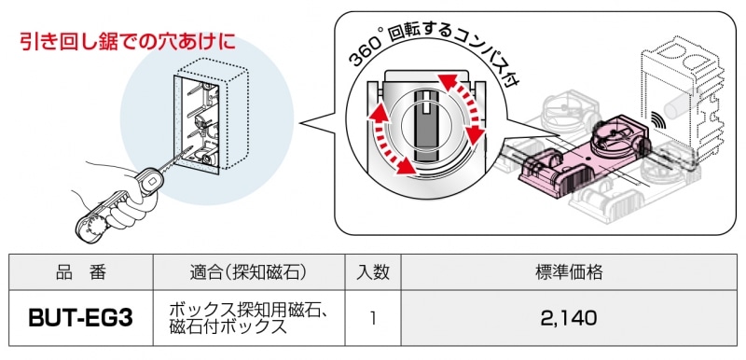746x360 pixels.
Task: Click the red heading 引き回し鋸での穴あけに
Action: [x=128, y=42]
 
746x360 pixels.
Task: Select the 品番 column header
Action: [x=80, y=272]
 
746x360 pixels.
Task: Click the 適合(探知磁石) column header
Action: [x=248, y=272]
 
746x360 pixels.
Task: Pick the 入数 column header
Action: [x=372, y=272]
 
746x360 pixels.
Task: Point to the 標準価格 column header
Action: [x=569, y=272]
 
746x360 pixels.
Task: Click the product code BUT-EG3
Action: [x=80, y=318]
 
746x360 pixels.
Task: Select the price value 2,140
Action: [x=569, y=318]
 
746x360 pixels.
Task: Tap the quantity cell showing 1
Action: [x=372, y=318]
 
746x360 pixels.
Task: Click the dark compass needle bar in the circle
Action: [x=426, y=125]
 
